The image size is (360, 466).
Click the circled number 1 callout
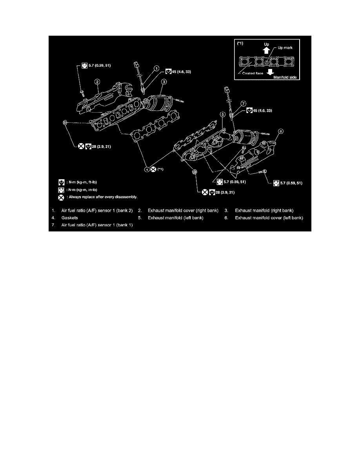[156, 68]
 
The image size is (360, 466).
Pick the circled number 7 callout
[243, 104]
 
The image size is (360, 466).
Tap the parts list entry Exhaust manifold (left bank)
[175, 218]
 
